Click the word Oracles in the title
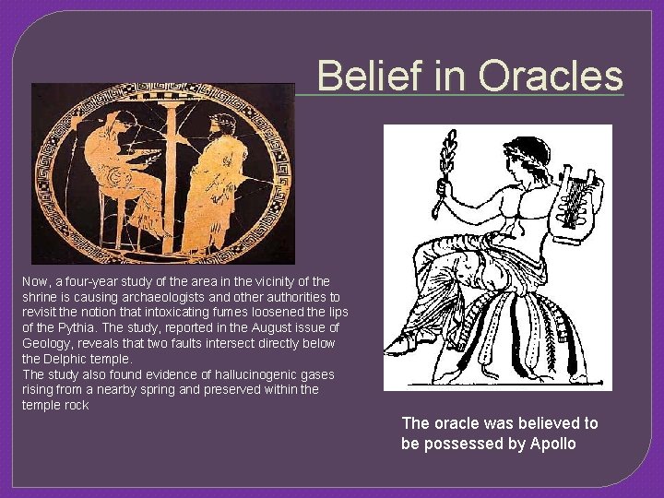[x=551, y=76]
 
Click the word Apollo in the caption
[x=552, y=444]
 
